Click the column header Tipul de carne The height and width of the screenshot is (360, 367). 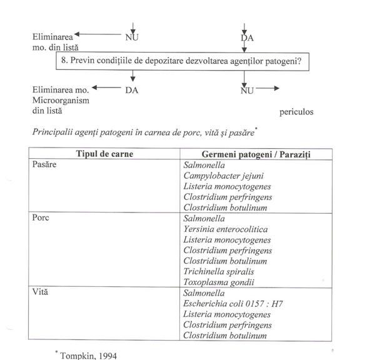pos(104,154)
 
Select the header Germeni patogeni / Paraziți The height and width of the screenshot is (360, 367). pos(256,154)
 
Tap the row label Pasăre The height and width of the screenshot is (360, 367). pos(44,164)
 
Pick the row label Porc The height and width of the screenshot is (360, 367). pos(39,219)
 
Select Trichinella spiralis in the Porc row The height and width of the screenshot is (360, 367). pos(219,272)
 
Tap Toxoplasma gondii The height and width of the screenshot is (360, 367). pos(218,282)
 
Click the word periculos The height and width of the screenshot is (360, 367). pos(296,112)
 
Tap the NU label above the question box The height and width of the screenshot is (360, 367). pos(132,37)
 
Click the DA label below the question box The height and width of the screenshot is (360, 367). pos(131,90)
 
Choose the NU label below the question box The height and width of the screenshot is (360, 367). pos(248,90)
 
